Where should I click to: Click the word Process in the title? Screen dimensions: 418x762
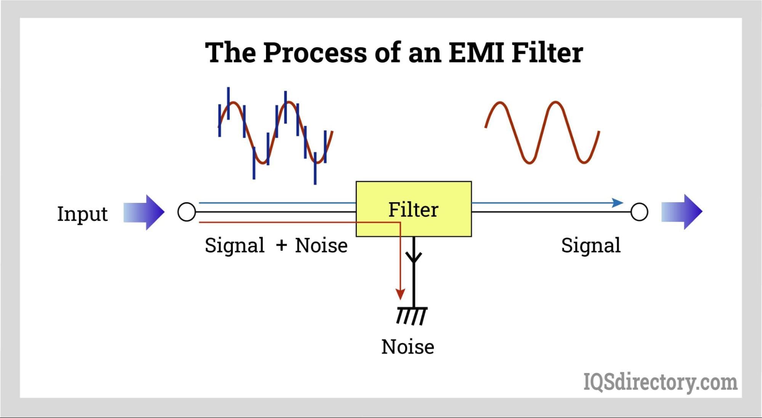(x=314, y=52)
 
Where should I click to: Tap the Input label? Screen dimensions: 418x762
(x=82, y=214)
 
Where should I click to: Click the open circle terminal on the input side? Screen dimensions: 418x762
(x=187, y=212)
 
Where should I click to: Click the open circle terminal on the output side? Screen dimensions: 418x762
(x=639, y=212)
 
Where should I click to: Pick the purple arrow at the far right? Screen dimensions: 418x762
(x=682, y=212)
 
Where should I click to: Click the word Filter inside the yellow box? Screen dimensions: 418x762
(x=413, y=209)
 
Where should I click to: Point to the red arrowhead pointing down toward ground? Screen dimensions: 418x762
(x=400, y=294)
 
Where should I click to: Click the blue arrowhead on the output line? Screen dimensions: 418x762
(x=617, y=203)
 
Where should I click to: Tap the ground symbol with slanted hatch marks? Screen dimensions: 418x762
(x=411, y=315)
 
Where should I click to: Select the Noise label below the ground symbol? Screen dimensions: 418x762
(x=407, y=347)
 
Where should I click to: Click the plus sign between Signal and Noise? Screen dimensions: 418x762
(x=281, y=245)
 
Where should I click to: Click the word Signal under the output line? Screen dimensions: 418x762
(x=590, y=245)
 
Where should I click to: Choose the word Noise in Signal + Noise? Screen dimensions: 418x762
(x=321, y=245)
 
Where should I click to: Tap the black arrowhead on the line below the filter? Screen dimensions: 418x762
(x=414, y=257)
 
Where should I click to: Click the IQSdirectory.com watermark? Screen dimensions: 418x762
(x=660, y=382)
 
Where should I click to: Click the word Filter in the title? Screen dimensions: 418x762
(x=547, y=52)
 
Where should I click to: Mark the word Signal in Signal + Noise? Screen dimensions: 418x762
(x=234, y=245)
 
